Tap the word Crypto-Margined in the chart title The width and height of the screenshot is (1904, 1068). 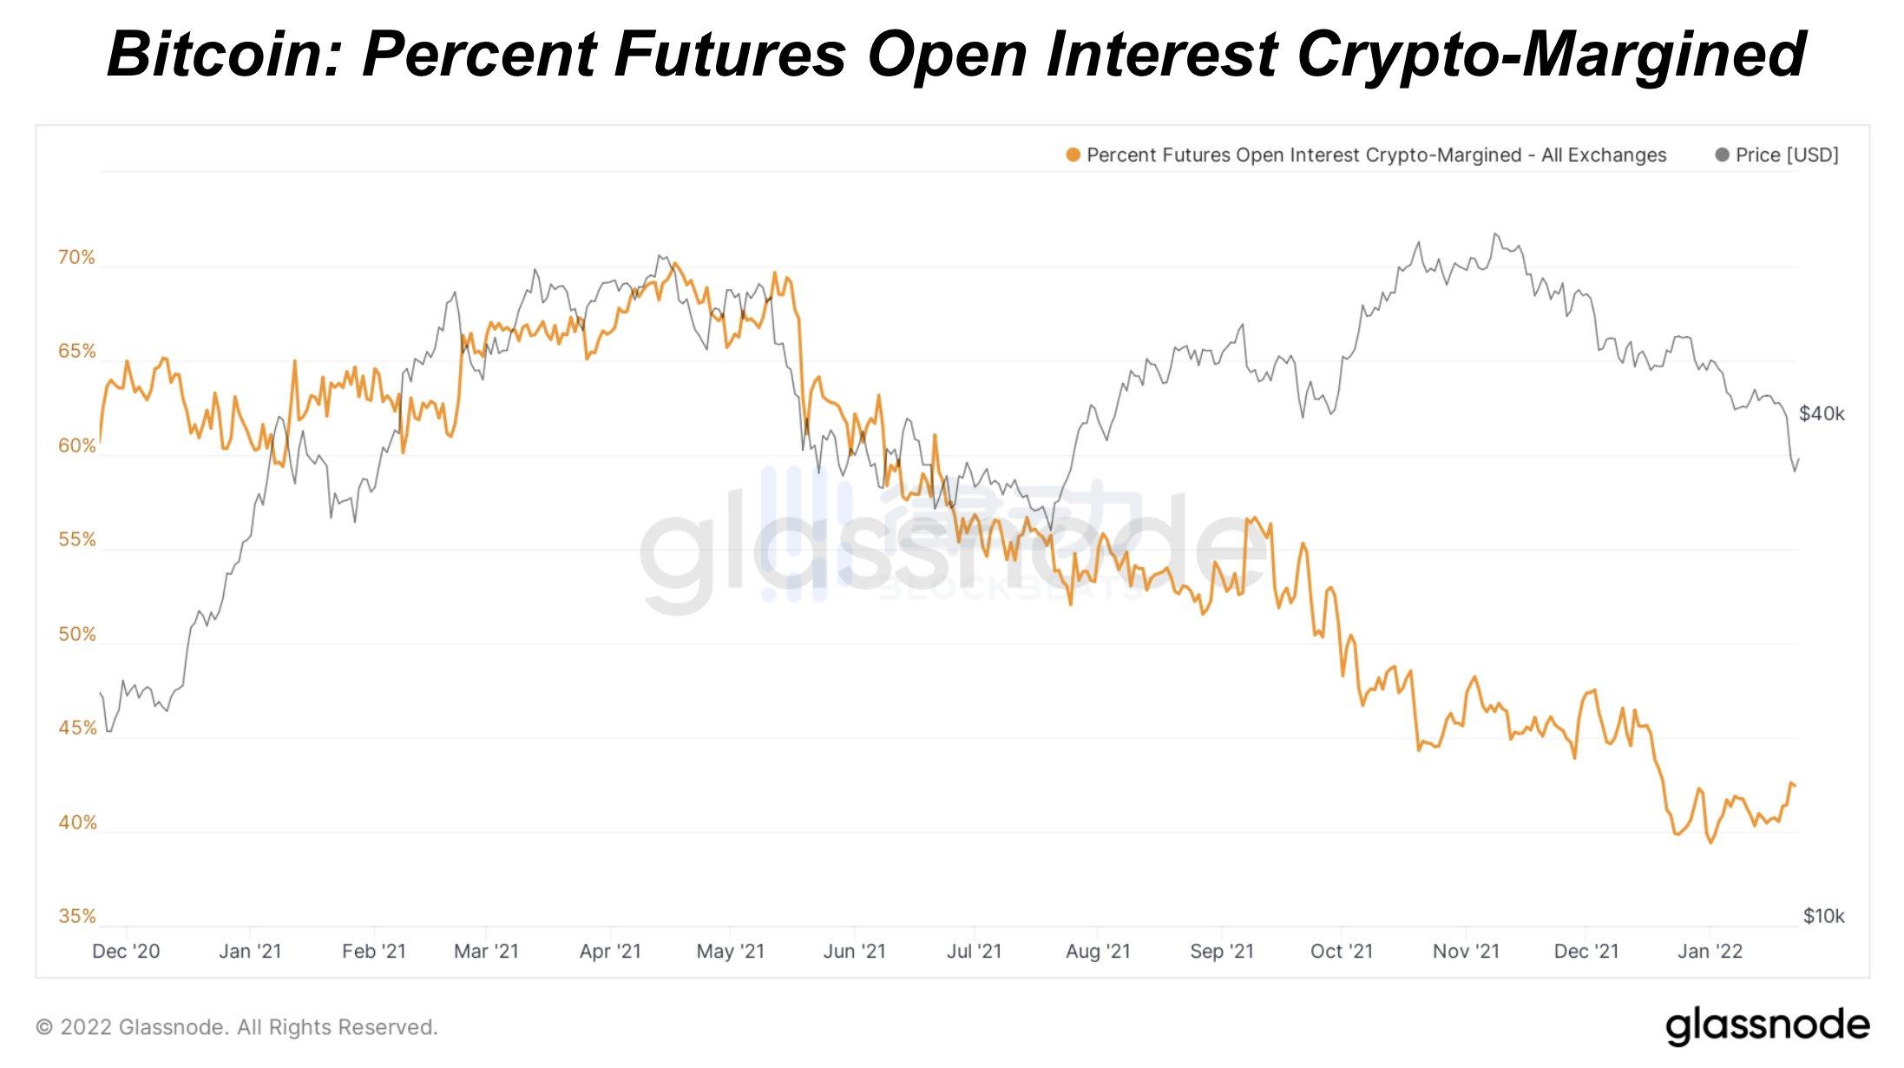(1551, 54)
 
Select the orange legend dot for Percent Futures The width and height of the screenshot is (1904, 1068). (1073, 155)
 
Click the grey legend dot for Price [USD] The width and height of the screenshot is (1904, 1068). (1722, 155)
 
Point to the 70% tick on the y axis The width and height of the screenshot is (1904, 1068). (76, 257)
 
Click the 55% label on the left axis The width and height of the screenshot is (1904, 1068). (76, 539)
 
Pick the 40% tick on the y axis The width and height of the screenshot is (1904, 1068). (76, 822)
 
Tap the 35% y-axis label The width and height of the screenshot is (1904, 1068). (76, 916)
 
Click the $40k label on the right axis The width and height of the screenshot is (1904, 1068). (1821, 413)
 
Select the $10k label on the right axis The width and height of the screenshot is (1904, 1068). (1822, 916)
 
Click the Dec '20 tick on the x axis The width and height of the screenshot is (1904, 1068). (126, 951)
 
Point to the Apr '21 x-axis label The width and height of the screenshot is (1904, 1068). (610, 951)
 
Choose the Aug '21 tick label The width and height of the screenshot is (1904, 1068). (1098, 951)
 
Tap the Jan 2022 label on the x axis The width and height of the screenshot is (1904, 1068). (1710, 951)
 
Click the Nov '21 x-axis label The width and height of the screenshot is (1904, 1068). (1466, 951)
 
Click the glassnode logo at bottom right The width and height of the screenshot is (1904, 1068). (1767, 1025)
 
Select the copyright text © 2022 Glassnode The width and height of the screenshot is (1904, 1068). (236, 1027)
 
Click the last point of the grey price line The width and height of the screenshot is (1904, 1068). (1798, 459)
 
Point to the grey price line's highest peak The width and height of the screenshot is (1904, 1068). (1494, 234)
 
